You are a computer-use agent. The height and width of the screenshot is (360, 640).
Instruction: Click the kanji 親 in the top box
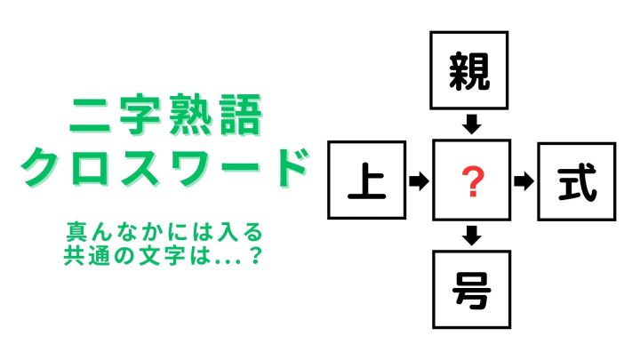469,71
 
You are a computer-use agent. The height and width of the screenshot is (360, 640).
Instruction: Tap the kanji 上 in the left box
366,180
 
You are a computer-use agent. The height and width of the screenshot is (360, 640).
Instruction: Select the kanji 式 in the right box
577,182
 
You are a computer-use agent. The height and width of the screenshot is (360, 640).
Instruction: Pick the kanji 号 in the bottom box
471,290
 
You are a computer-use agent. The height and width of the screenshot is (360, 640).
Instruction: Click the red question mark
473,181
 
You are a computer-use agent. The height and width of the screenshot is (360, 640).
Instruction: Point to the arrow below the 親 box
471,124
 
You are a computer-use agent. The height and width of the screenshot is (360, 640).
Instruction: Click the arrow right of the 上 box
419,180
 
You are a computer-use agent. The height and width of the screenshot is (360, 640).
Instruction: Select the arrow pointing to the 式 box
524,181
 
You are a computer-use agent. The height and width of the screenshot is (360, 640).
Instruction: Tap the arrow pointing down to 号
472,236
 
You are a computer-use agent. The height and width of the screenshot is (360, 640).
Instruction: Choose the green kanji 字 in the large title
140,115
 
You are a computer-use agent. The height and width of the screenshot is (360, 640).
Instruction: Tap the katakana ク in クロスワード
40,166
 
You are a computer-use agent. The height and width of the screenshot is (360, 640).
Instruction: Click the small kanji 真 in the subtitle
76,232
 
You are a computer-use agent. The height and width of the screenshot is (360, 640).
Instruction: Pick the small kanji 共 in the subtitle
74,256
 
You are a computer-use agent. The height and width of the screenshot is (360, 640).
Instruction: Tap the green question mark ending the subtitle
255,256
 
